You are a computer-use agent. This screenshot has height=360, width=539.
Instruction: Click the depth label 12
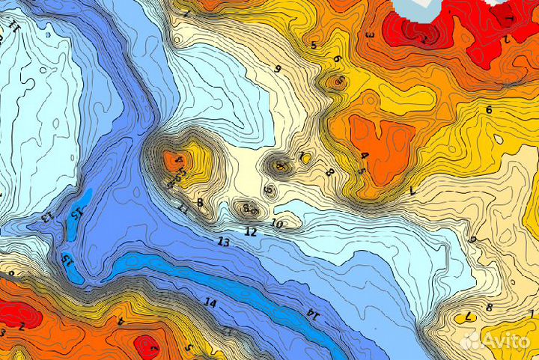point(251,233)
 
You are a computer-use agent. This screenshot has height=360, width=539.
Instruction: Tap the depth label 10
point(276,224)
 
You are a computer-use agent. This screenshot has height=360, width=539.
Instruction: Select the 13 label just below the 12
point(223,242)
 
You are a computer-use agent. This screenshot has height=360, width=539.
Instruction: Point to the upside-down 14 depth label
point(312,315)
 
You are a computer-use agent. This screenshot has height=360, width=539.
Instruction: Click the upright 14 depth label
point(210,303)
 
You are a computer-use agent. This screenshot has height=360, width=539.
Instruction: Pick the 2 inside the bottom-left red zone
point(22,326)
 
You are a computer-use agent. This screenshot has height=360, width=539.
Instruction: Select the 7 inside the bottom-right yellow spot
point(468,317)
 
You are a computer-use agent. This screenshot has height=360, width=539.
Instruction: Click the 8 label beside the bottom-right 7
point(489,307)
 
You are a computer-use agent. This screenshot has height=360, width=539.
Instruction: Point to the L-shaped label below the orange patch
point(412,192)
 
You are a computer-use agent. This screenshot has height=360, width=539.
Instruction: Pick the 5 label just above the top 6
point(314,46)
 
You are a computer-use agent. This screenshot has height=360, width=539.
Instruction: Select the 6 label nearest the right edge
point(489,110)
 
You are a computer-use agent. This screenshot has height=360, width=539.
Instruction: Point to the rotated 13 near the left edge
point(46,217)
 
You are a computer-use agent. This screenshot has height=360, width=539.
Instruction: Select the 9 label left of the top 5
point(278,70)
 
